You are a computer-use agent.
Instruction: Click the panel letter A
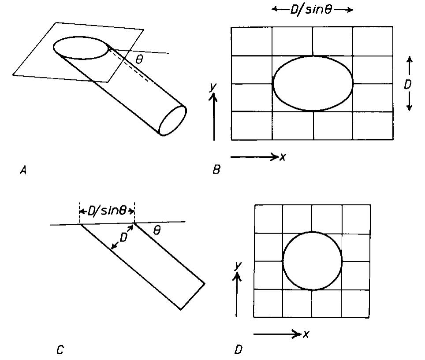pos(23,170)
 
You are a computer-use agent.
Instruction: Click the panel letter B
pos(216,170)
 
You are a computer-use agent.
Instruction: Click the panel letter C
pos(60,350)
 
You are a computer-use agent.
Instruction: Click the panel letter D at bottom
pos(238,350)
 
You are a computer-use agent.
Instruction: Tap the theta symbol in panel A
pos(139,60)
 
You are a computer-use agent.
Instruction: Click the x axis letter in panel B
pos(283,156)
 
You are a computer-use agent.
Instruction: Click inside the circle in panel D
pos(312,260)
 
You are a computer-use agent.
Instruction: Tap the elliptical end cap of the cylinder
pos(173,120)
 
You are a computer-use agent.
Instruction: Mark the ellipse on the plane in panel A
pos(82,48)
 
